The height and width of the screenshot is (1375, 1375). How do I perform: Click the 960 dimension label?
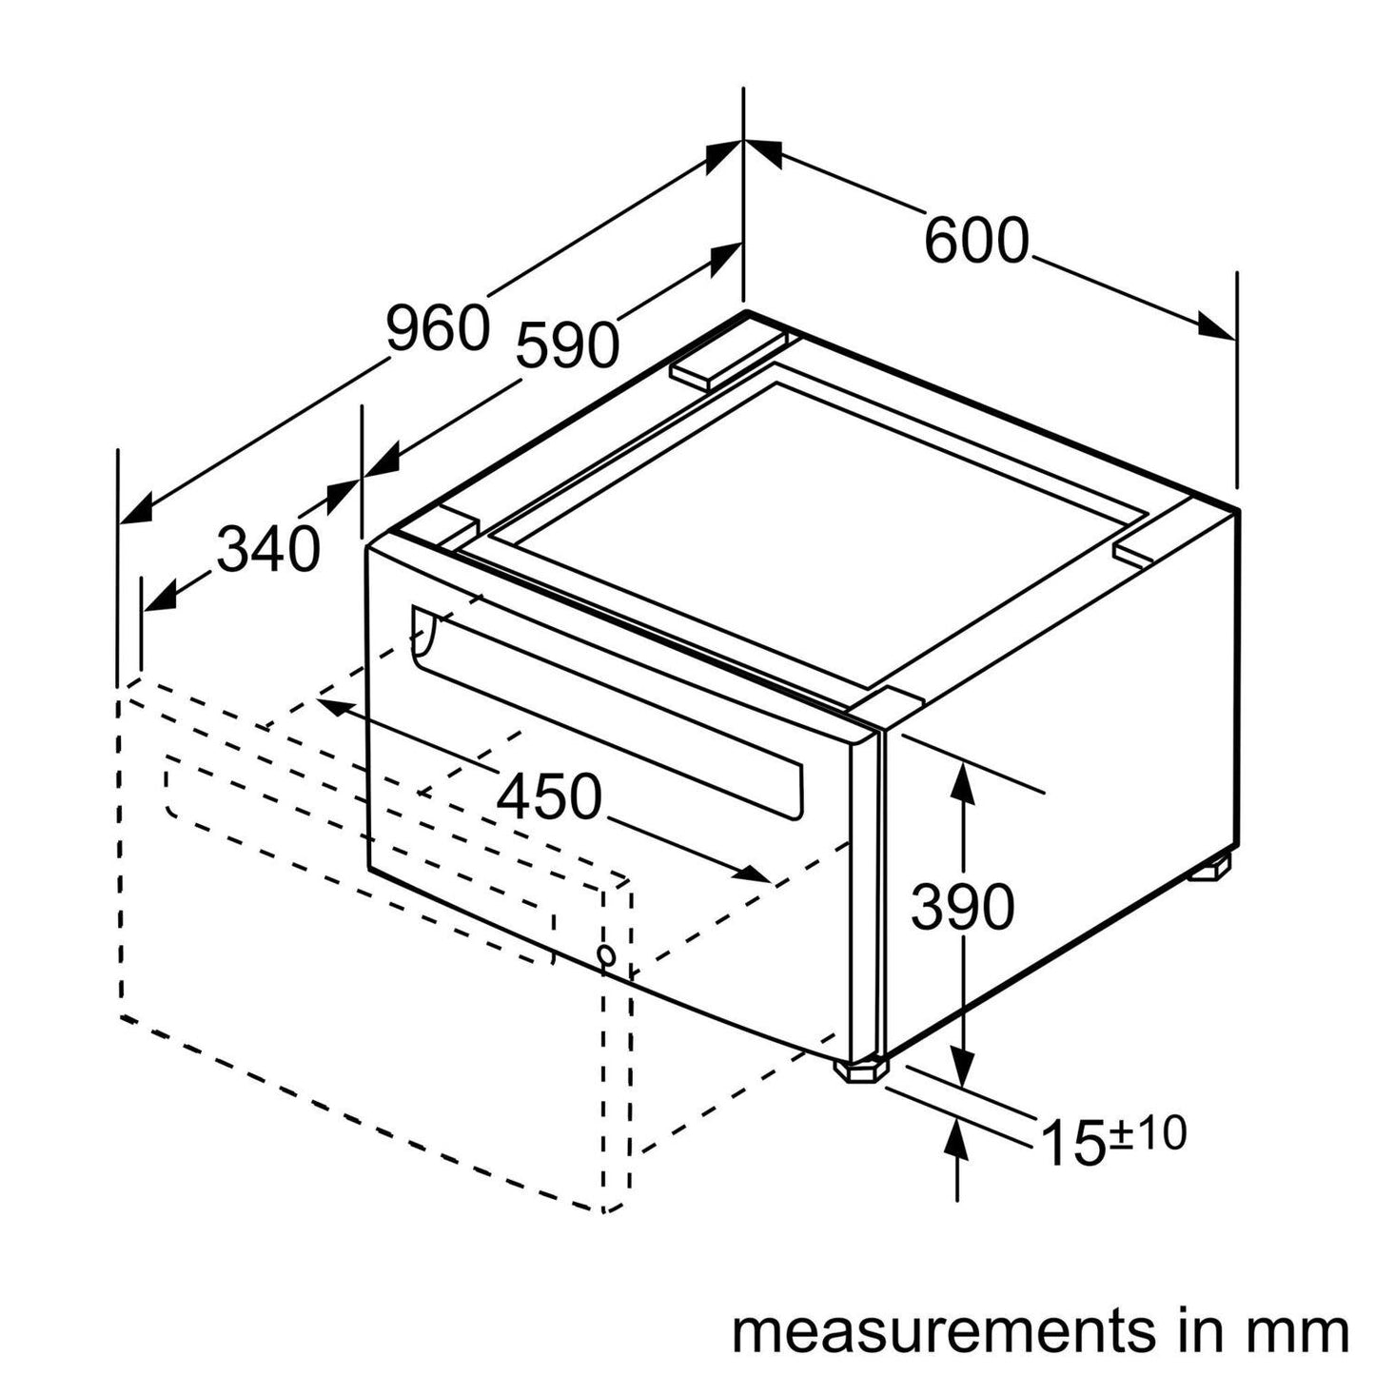click(x=437, y=328)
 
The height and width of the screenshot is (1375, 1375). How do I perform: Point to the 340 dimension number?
click(x=267, y=550)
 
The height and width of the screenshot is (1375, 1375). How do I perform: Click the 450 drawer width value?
click(x=550, y=796)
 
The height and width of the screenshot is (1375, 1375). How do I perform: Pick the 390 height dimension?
click(x=962, y=907)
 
